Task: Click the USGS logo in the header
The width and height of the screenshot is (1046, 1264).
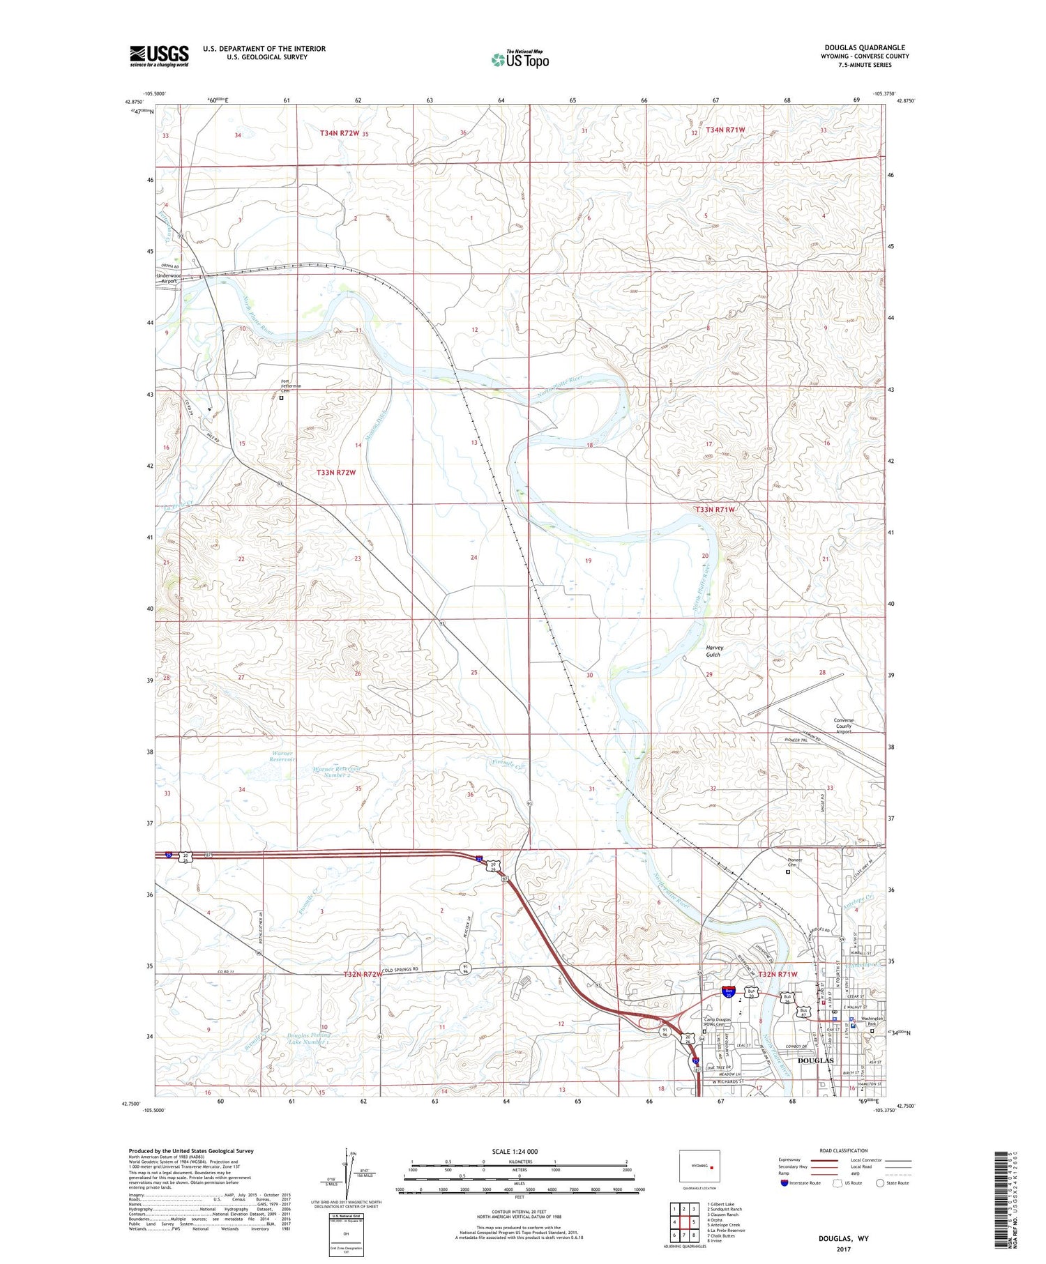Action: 159,56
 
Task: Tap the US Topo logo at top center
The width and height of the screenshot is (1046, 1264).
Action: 520,59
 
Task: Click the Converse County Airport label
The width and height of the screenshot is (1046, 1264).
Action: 844,726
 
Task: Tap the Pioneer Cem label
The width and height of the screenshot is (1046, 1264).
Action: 787,863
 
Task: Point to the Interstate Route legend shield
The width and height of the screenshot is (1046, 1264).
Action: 785,1183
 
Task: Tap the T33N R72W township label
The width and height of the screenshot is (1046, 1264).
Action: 336,472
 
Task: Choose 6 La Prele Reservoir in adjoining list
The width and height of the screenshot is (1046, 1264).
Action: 725,1230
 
